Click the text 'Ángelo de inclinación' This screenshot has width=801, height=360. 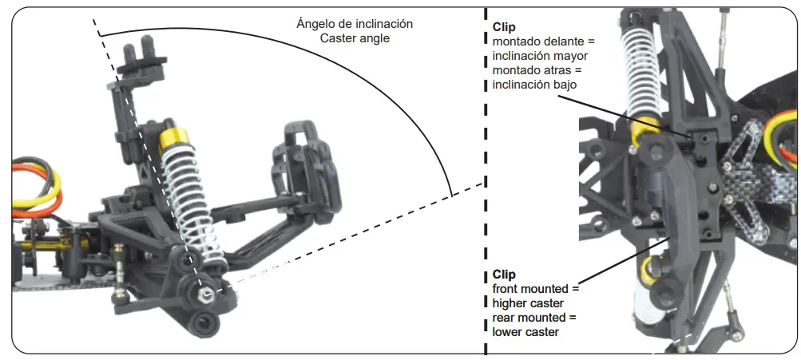[x=354, y=24]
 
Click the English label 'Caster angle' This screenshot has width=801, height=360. [x=354, y=38]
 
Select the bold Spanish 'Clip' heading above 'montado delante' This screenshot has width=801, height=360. [x=504, y=27]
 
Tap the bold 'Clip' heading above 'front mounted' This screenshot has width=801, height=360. [x=504, y=275]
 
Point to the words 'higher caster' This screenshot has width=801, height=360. [x=528, y=303]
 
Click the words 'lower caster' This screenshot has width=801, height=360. [x=525, y=332]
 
